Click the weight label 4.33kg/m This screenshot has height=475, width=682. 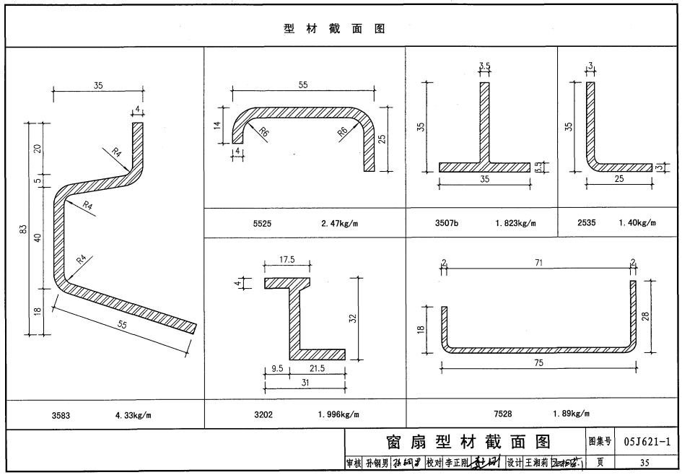[137, 415]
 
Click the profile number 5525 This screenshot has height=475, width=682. [262, 223]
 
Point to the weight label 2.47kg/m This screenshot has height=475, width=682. [339, 223]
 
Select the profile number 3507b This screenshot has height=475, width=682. [447, 223]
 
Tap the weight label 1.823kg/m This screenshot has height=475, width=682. [516, 223]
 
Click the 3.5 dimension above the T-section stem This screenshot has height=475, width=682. [484, 66]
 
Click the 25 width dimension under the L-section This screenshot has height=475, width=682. [618, 178]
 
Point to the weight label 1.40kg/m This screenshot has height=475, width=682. [637, 223]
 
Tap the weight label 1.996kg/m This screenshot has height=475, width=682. [338, 414]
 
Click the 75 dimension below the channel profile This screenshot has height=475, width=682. [538, 364]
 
